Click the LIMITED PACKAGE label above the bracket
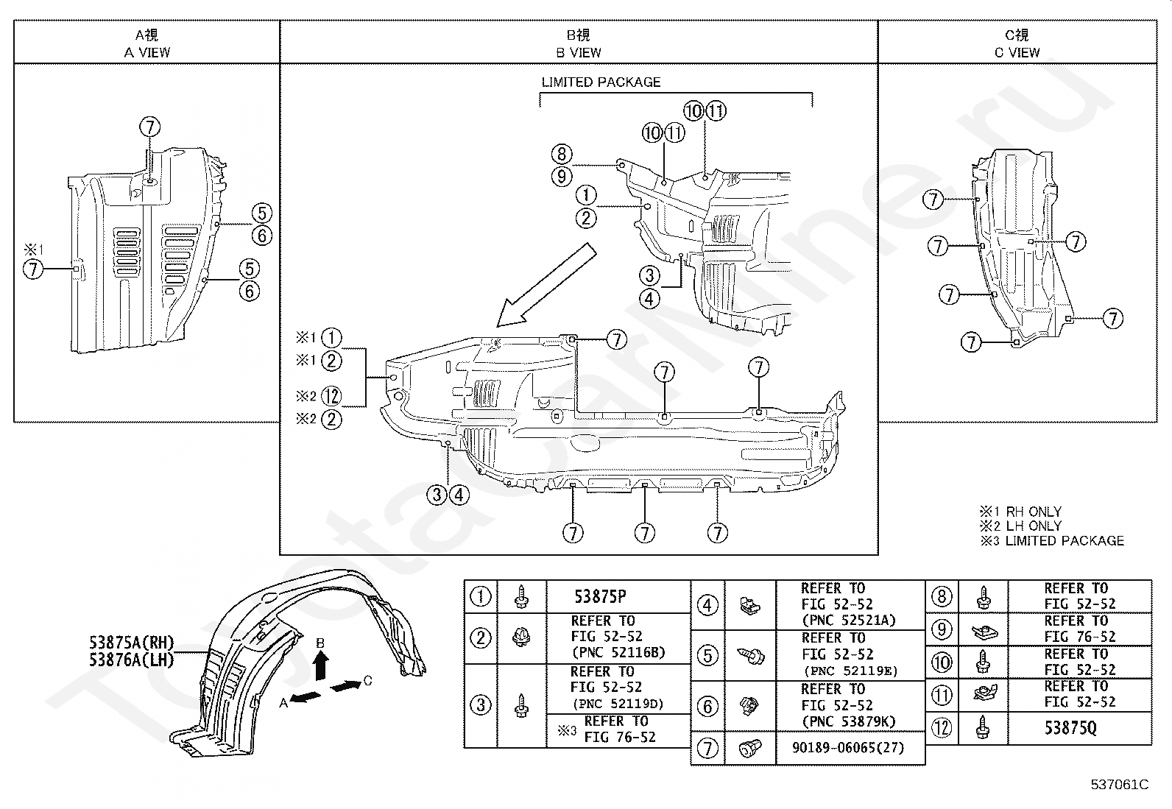tap(601, 82)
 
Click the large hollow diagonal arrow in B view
tap(546, 285)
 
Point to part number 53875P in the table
tap(600, 596)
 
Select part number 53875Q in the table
tap(1070, 728)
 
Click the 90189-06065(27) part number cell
tap(848, 748)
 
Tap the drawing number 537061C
tap(1120, 785)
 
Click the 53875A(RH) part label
tap(131, 643)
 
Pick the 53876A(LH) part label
tap(131, 660)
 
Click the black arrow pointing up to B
tap(320, 666)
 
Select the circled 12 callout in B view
tap(331, 396)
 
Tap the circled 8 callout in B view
tap(562, 154)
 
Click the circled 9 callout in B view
tap(562, 177)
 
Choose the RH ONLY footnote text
tap(1034, 512)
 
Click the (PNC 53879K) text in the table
tap(849, 722)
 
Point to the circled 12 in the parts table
tap(942, 728)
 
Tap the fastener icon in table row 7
tap(749, 749)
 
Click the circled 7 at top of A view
tap(149, 127)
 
